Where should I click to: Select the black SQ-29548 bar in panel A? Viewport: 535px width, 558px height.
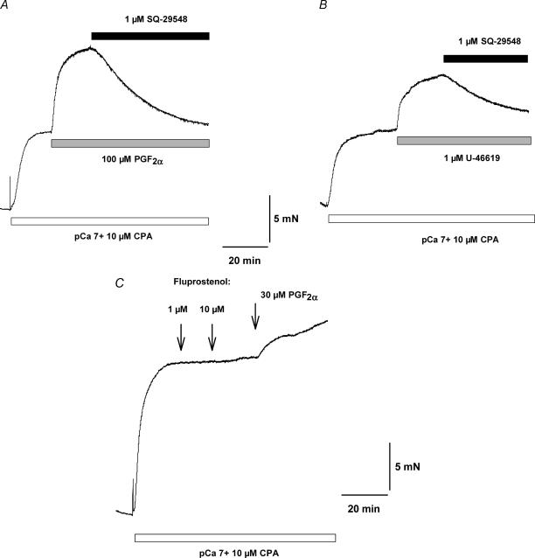150,36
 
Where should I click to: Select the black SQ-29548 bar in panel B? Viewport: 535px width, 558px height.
485,59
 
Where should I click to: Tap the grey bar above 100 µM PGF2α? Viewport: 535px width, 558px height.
130,143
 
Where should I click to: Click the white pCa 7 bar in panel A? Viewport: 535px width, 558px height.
109,220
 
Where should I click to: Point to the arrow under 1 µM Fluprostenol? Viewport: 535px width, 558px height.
181,337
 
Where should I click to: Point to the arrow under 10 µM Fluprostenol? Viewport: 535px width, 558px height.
212,337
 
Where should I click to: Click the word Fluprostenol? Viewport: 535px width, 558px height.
194,282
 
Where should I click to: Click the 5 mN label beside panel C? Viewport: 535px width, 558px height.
407,468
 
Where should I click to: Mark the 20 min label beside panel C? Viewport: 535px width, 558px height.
362,508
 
